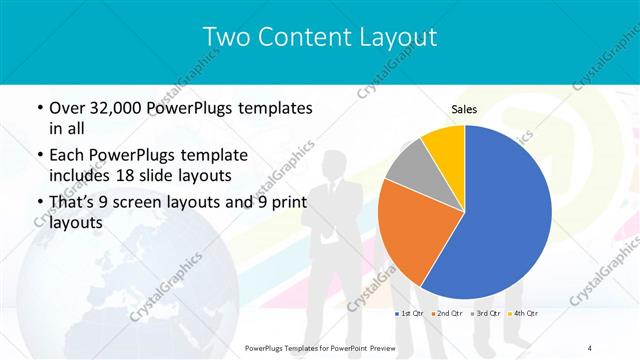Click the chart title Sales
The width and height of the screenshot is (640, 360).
464,109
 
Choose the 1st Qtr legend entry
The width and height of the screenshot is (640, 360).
410,314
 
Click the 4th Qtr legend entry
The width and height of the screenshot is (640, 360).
523,314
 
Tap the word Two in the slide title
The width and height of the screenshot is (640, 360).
226,37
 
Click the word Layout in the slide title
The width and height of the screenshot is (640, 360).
394,37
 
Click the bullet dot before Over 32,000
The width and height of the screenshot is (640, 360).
38,108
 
